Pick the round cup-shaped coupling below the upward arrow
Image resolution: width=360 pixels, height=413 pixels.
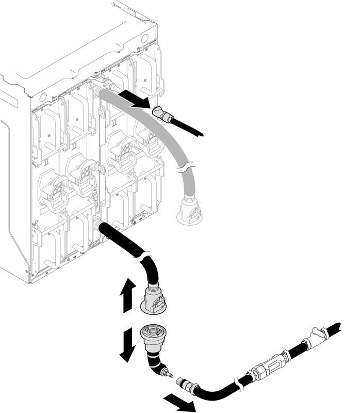point(153,333)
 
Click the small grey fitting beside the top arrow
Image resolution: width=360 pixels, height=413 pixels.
point(165,115)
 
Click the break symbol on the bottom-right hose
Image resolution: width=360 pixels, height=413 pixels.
point(238,383)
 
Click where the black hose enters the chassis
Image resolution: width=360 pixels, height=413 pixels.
point(99,227)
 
